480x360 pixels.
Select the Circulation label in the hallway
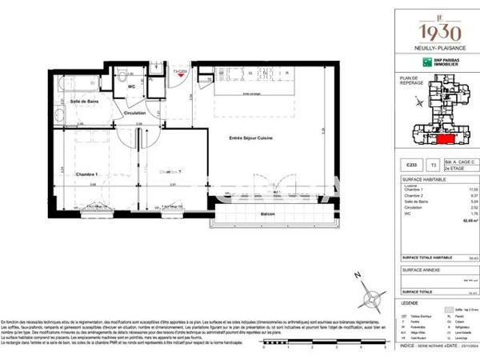pos(134,113)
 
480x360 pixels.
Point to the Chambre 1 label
pos(86,174)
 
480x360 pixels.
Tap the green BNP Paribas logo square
pos(416,62)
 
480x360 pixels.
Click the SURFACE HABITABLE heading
pos(421,181)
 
